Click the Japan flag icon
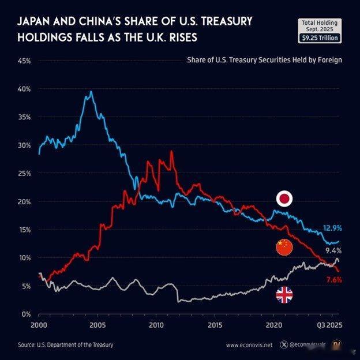pyautogui.click(x=284, y=200)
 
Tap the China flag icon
pyautogui.click(x=284, y=247)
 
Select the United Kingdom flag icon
pyautogui.click(x=284, y=295)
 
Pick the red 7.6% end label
pyautogui.click(x=333, y=280)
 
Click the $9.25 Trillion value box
pyautogui.click(x=320, y=38)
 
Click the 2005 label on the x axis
pyautogui.click(x=97, y=325)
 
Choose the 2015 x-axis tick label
pyautogui.click(x=214, y=325)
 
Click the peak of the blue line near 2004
pyautogui.click(x=91, y=92)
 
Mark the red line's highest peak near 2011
pyautogui.click(x=171, y=152)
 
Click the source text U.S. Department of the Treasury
pyautogui.click(x=65, y=345)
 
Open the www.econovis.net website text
pyautogui.click(x=249, y=345)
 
